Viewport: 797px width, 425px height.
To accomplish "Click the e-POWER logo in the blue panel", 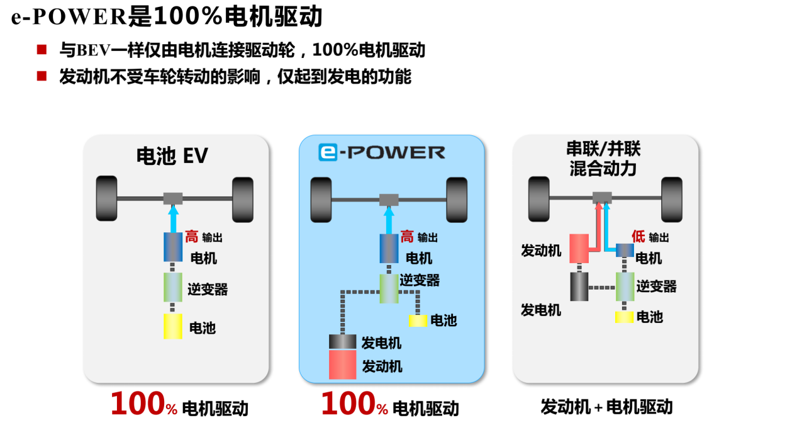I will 381,152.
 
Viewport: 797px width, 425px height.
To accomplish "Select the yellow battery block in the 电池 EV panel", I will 172,326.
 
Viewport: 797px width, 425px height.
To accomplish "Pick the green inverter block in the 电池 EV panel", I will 172,287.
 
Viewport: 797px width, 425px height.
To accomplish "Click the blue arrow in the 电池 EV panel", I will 173,219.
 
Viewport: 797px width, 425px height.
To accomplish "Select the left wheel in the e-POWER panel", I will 321,200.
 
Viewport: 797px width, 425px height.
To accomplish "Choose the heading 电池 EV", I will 172,156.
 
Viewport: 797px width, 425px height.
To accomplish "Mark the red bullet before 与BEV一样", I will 42,49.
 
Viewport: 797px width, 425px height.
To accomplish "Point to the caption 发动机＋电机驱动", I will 606,407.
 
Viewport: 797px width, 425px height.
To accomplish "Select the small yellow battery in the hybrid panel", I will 624,317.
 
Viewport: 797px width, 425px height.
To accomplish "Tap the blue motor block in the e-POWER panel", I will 388,248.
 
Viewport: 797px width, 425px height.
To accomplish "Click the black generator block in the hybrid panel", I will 579,286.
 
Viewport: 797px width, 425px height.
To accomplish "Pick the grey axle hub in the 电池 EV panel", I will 173,198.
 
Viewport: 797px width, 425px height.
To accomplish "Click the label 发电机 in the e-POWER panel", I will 381,343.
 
